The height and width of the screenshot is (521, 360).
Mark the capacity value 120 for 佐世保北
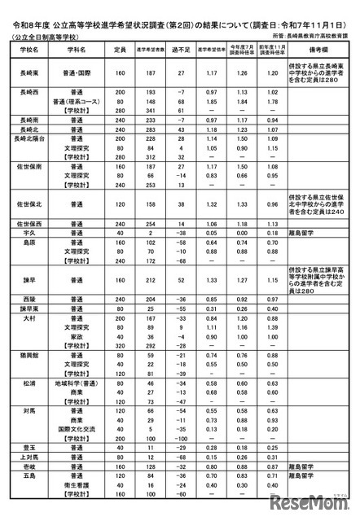point(119,203)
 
